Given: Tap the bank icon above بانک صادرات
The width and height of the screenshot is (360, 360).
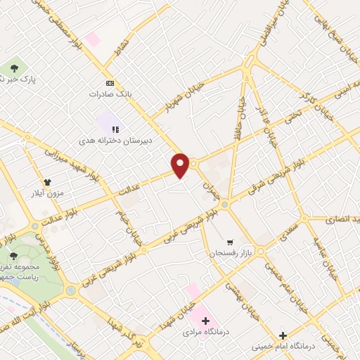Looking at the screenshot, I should click(109, 82).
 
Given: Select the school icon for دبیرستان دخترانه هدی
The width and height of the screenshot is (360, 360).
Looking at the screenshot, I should click(115, 129).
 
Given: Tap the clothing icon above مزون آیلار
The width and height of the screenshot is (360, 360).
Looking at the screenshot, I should click(47, 181).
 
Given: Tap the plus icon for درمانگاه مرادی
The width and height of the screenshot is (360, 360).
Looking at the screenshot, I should click(205, 321).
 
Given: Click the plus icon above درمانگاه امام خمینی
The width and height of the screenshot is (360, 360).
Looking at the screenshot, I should click(283, 336).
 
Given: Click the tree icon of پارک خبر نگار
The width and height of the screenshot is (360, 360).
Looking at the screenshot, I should click(13, 68).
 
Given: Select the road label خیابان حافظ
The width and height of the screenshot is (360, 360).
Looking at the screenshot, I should click(242, 112).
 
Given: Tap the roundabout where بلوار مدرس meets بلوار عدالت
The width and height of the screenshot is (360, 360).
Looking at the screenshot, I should click(36, 226).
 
